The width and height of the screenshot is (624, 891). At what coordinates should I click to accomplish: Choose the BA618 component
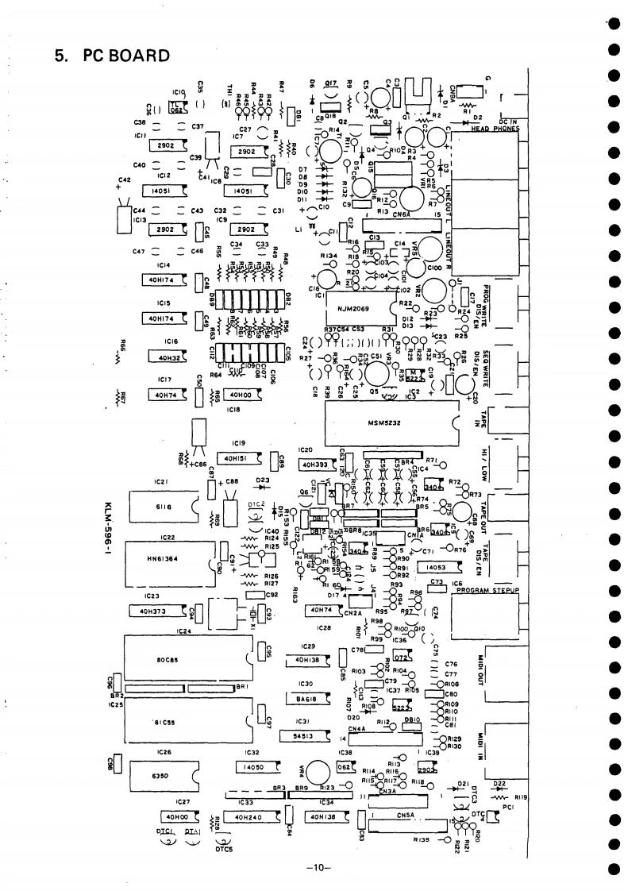tap(302, 699)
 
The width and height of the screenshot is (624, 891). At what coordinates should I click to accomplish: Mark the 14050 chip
tap(254, 767)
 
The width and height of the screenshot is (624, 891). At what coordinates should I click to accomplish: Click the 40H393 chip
tap(317, 464)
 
